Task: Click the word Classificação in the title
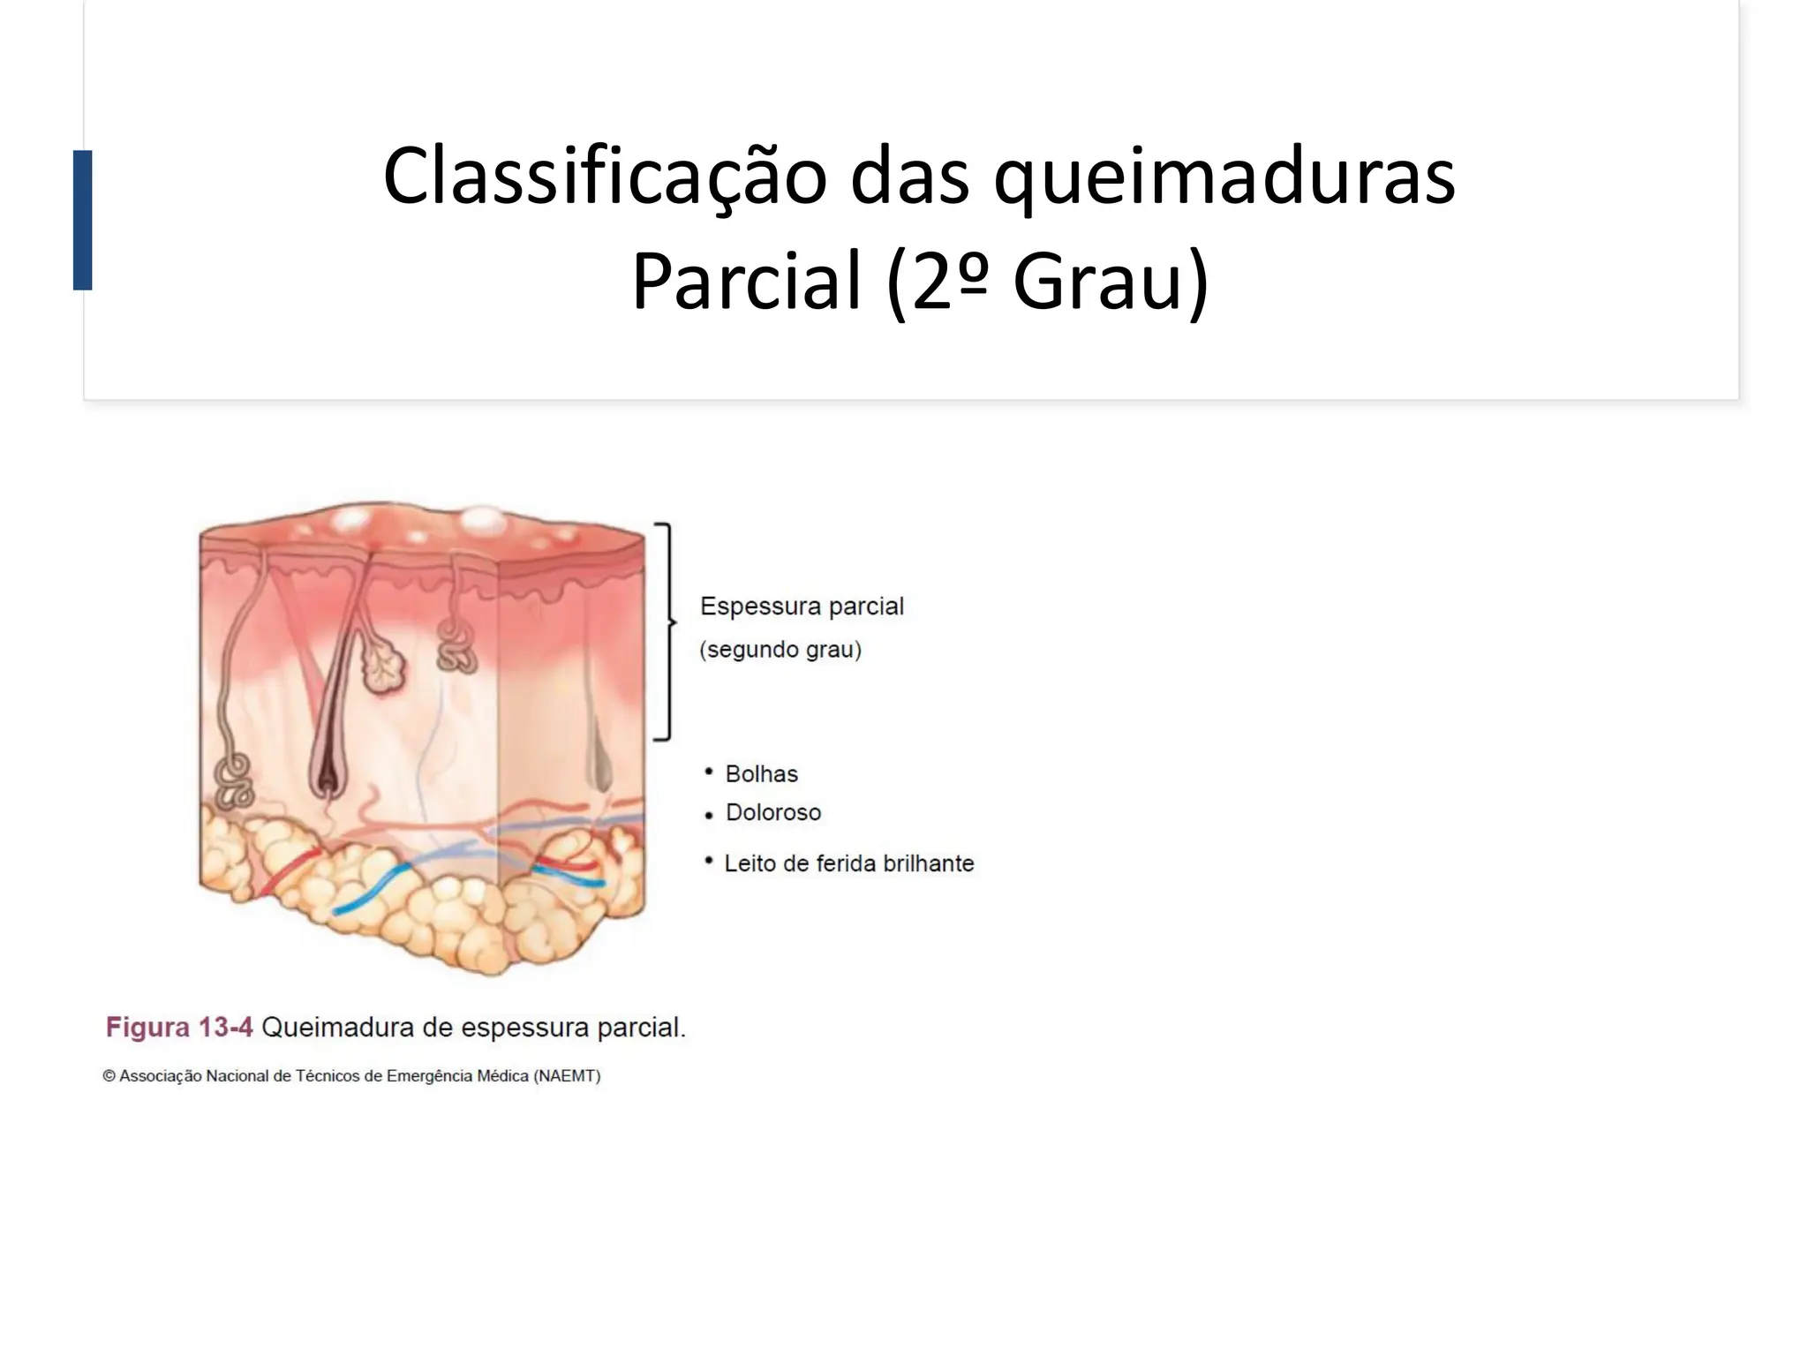[x=604, y=177]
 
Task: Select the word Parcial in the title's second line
[x=746, y=281]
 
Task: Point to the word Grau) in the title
[x=1111, y=281]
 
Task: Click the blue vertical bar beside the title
[x=83, y=220]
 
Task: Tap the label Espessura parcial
[x=802, y=606]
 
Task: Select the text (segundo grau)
[x=780, y=650]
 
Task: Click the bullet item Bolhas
[x=761, y=774]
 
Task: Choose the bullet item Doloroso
[x=772, y=812]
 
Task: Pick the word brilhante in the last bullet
[x=928, y=863]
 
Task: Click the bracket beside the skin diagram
[x=666, y=630]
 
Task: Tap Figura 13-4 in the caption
[x=179, y=1028]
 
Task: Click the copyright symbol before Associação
[x=109, y=1076]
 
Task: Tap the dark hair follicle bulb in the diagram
[x=328, y=772]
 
